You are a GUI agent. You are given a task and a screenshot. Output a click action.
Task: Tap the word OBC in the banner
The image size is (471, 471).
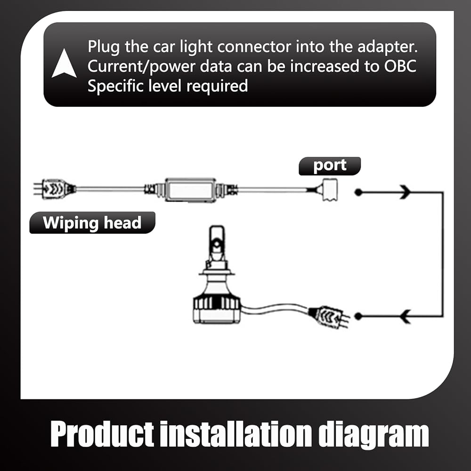pos(400,66)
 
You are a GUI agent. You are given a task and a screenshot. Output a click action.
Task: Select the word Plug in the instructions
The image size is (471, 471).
pos(104,48)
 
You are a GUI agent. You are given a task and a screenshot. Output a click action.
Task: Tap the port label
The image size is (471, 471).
pos(330,166)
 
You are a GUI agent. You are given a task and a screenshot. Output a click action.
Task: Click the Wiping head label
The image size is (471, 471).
pos(92,223)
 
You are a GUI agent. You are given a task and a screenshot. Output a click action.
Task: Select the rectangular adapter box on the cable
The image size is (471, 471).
pos(190,190)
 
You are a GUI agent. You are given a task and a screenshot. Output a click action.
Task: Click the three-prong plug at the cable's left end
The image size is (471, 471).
pos(54,189)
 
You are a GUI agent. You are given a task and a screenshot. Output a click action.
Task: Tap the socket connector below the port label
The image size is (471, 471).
pos(330,190)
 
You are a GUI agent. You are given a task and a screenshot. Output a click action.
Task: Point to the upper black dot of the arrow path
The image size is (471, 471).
pos(358,192)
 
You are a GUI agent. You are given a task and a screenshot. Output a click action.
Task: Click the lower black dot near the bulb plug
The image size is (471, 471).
pos(358,316)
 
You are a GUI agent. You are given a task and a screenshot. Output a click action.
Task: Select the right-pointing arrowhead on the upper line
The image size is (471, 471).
pos(405,192)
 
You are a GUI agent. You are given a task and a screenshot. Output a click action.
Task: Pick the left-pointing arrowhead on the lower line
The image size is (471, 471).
pos(406,317)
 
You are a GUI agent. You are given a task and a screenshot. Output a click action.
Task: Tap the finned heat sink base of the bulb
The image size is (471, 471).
pos(217,309)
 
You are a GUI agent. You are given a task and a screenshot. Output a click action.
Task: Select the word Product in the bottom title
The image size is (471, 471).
pos(102,434)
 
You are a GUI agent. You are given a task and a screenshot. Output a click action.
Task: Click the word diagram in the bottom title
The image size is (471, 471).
pos(374,435)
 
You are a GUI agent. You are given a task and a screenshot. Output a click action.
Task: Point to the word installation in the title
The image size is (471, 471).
pos(236,434)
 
